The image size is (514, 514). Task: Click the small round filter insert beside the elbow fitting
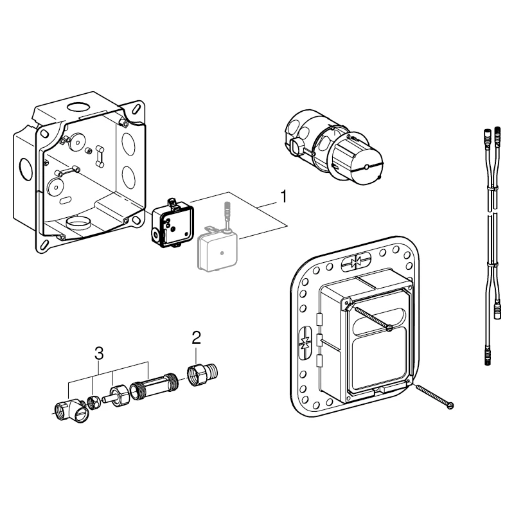pos(93,402)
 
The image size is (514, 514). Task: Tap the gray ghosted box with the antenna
pos(217,252)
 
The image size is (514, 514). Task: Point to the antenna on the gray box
pos(226,215)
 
